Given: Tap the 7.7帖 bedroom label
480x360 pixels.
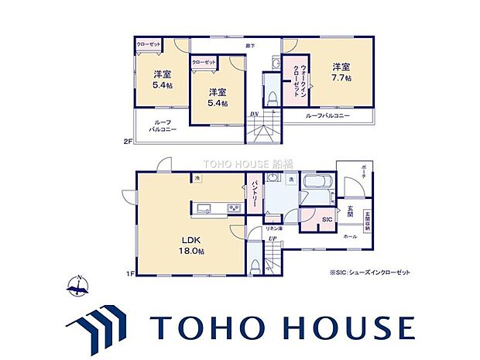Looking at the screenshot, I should tap(342, 72).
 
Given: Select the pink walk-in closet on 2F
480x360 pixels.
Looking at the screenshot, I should tap(296, 77).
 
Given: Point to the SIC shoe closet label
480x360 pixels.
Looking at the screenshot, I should tap(327, 219).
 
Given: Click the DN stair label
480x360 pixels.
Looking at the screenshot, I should tap(254, 115).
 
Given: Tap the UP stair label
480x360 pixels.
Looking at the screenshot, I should tap(273, 238).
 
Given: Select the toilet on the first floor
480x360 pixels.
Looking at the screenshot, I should tap(255, 262).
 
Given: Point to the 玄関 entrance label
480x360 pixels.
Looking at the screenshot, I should tap(349, 210).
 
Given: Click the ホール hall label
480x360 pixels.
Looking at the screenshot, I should tap(350, 236).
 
